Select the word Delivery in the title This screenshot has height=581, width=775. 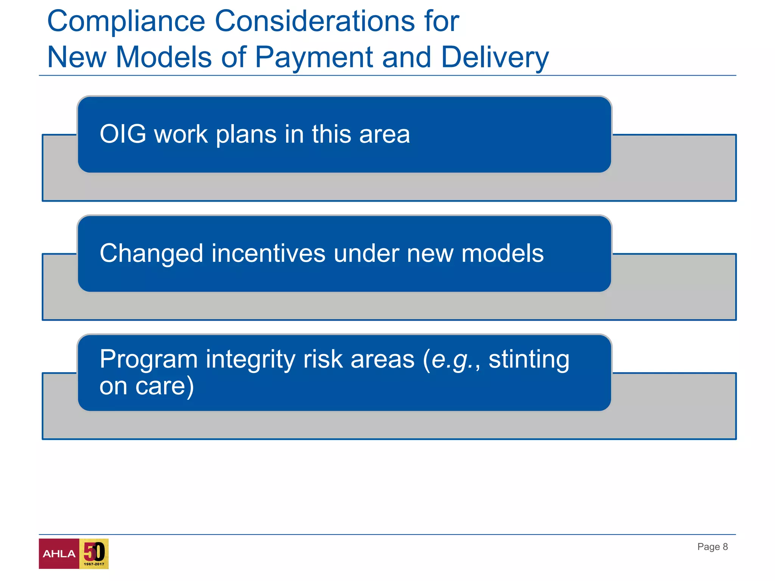coord(495,57)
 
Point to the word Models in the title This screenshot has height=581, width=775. coord(163,57)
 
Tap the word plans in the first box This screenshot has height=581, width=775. coord(246,135)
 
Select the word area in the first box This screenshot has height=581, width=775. coord(384,135)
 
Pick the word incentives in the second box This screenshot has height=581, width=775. coord(268,253)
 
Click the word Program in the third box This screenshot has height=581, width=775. coord(148,360)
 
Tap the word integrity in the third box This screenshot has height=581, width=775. coord(250,360)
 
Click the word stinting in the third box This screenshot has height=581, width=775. coord(529,359)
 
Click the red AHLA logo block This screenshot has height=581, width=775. coord(59,554)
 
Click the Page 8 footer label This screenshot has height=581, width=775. coord(712,547)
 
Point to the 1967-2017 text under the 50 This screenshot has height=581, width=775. coord(94,564)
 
